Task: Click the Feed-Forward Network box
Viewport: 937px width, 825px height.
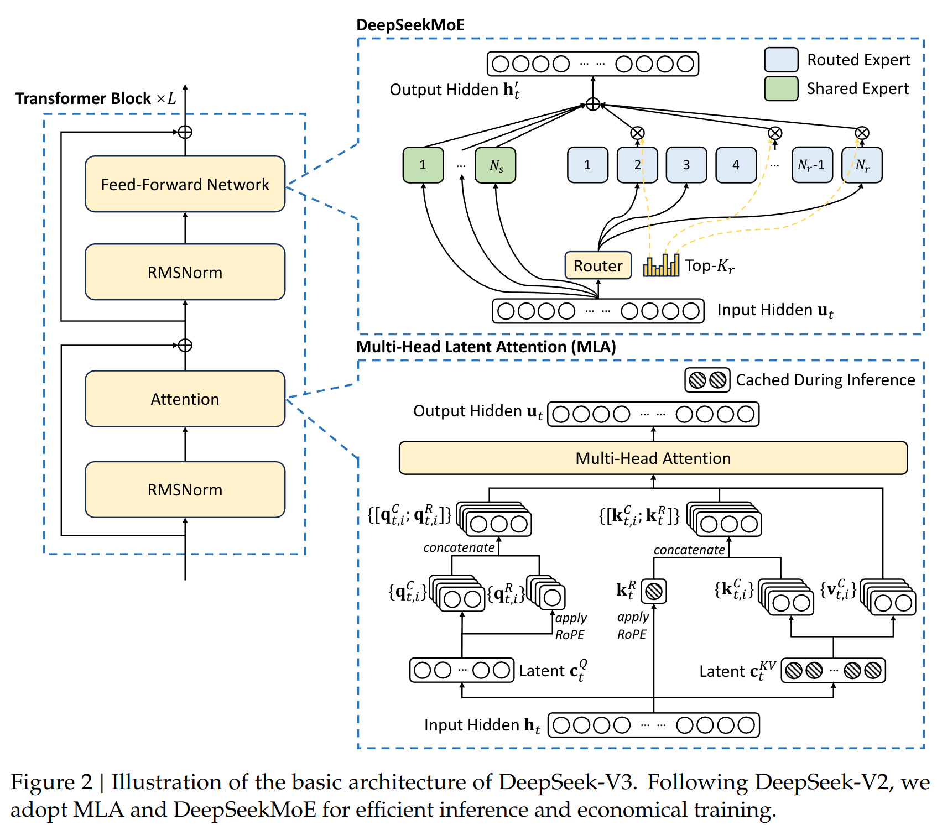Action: click(185, 184)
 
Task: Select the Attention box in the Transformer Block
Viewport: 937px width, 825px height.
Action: click(185, 399)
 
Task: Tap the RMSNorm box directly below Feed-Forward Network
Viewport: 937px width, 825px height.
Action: click(185, 272)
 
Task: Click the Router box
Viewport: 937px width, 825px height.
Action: click(598, 266)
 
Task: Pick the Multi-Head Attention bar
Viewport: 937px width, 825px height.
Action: click(653, 458)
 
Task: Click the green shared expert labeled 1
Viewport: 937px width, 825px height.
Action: click(423, 165)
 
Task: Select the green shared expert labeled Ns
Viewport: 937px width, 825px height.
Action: click(496, 165)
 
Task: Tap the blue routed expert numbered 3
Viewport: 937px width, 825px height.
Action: click(686, 165)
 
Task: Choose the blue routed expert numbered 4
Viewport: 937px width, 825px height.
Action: click(736, 165)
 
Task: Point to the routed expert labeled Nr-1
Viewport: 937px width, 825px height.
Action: click(811, 165)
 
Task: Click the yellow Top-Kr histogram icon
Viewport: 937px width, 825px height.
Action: click(661, 265)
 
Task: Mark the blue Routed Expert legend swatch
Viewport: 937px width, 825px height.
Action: click(781, 60)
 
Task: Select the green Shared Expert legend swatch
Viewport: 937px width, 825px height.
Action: click(781, 88)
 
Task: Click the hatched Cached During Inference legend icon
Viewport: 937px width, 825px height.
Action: click(707, 380)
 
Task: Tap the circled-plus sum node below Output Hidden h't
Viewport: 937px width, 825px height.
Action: click(593, 104)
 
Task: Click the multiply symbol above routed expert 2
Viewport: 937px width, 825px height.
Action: click(637, 133)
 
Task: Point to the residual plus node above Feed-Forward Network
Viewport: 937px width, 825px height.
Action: click(185, 132)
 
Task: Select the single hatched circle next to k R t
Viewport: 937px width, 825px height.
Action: click(653, 591)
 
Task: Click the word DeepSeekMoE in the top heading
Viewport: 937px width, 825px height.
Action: click(410, 25)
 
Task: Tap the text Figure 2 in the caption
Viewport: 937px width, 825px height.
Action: click(51, 782)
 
